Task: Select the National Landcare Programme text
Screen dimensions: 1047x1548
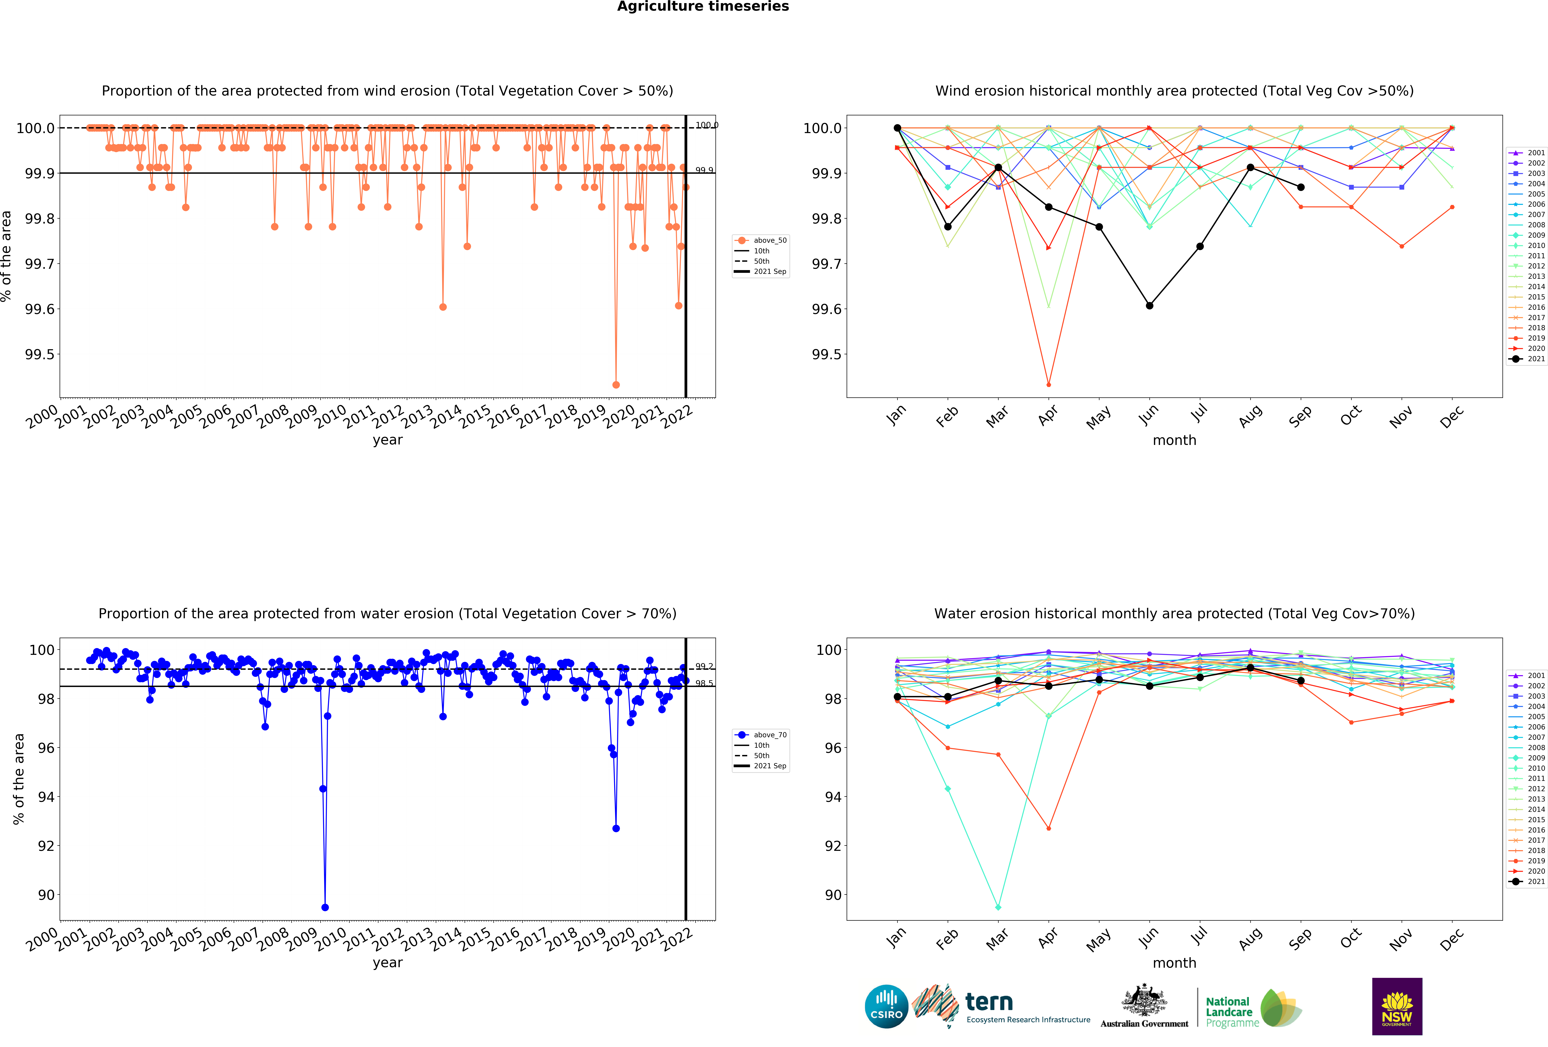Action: pos(1232,1012)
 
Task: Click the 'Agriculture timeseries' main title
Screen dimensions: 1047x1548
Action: pos(703,7)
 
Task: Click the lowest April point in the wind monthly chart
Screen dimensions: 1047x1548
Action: pos(1048,385)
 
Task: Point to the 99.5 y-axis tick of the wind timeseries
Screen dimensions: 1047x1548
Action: pos(39,355)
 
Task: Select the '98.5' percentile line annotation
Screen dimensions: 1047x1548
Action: pos(704,683)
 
